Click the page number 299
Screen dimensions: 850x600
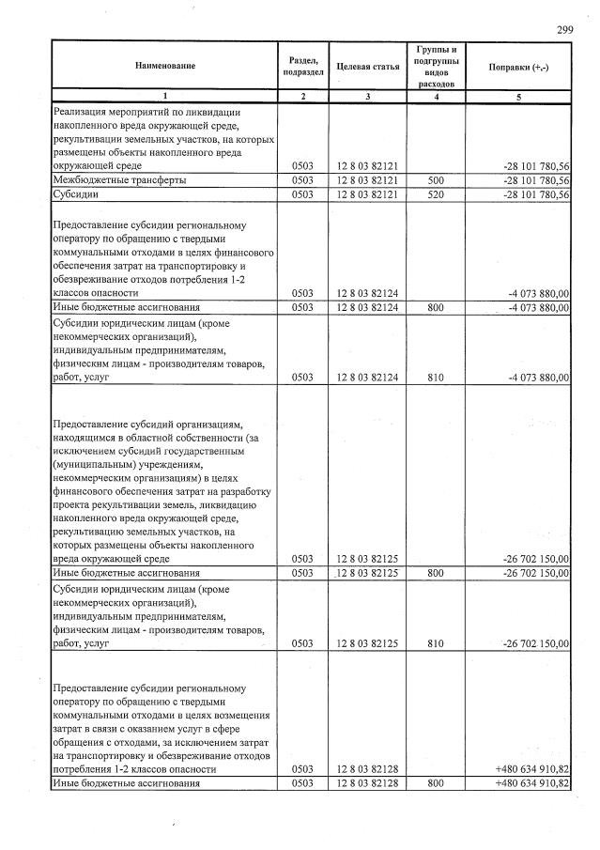tap(564, 30)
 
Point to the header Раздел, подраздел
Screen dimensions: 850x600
tap(303, 67)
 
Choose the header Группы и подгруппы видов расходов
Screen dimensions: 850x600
tap(434, 66)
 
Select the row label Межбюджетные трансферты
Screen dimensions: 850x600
tap(118, 179)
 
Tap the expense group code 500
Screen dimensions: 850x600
tap(434, 179)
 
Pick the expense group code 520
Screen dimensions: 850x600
tap(434, 194)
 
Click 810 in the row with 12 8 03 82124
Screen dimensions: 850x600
tap(434, 378)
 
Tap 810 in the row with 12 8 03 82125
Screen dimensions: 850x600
tap(434, 643)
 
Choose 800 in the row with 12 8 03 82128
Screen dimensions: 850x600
tap(434, 782)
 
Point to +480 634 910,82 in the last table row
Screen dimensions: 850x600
tap(531, 782)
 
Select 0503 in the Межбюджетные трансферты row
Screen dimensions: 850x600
tap(302, 179)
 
